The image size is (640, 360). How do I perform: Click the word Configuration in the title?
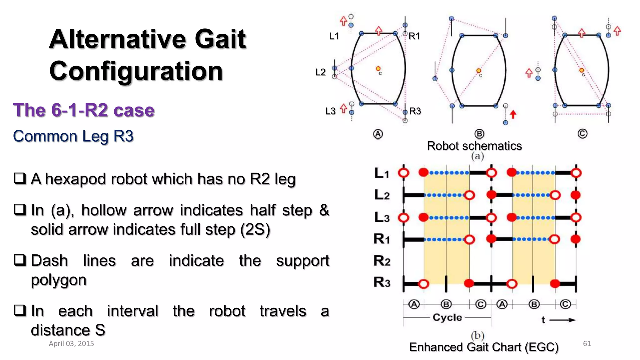click(x=136, y=71)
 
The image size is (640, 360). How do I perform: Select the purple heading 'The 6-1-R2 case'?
click(x=84, y=110)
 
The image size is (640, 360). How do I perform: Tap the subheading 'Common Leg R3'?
click(x=73, y=136)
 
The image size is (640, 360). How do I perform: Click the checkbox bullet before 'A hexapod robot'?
click(x=20, y=178)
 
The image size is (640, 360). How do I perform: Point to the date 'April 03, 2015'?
click(x=71, y=343)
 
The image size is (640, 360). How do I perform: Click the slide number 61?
click(x=587, y=343)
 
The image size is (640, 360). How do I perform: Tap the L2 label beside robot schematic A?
click(x=320, y=72)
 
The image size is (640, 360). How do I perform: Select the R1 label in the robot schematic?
click(x=414, y=36)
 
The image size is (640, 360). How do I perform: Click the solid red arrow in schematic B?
click(x=513, y=114)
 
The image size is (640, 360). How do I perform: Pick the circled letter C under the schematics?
click(x=582, y=134)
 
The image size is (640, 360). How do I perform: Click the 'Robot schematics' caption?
click(x=474, y=146)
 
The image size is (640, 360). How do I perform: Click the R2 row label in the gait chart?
click(x=382, y=261)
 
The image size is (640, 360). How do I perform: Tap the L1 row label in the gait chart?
click(x=382, y=173)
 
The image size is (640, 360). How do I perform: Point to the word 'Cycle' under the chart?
click(x=447, y=317)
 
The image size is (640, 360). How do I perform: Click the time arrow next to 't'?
click(x=562, y=320)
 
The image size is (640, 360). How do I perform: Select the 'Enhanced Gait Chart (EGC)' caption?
click(x=484, y=347)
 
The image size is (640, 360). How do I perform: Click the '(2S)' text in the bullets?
click(x=255, y=230)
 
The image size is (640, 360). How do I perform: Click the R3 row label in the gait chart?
click(x=382, y=282)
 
